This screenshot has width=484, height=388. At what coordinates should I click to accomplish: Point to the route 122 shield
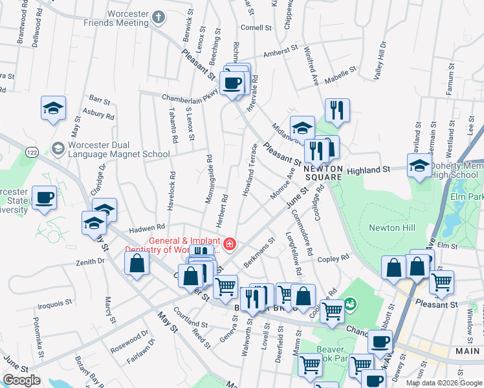(x=31, y=151)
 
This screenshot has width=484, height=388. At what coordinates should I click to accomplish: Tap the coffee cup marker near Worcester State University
(x=44, y=198)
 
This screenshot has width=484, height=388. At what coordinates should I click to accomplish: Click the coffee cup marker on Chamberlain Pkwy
(x=232, y=82)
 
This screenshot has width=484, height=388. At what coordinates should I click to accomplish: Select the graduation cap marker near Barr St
(x=53, y=108)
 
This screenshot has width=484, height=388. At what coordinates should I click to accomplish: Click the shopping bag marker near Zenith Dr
(x=137, y=263)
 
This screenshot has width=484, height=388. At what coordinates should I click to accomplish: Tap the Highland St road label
(x=369, y=169)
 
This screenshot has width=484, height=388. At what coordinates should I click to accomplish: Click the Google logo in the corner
(x=21, y=380)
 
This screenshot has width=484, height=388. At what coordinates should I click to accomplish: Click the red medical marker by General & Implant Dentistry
(x=230, y=244)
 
